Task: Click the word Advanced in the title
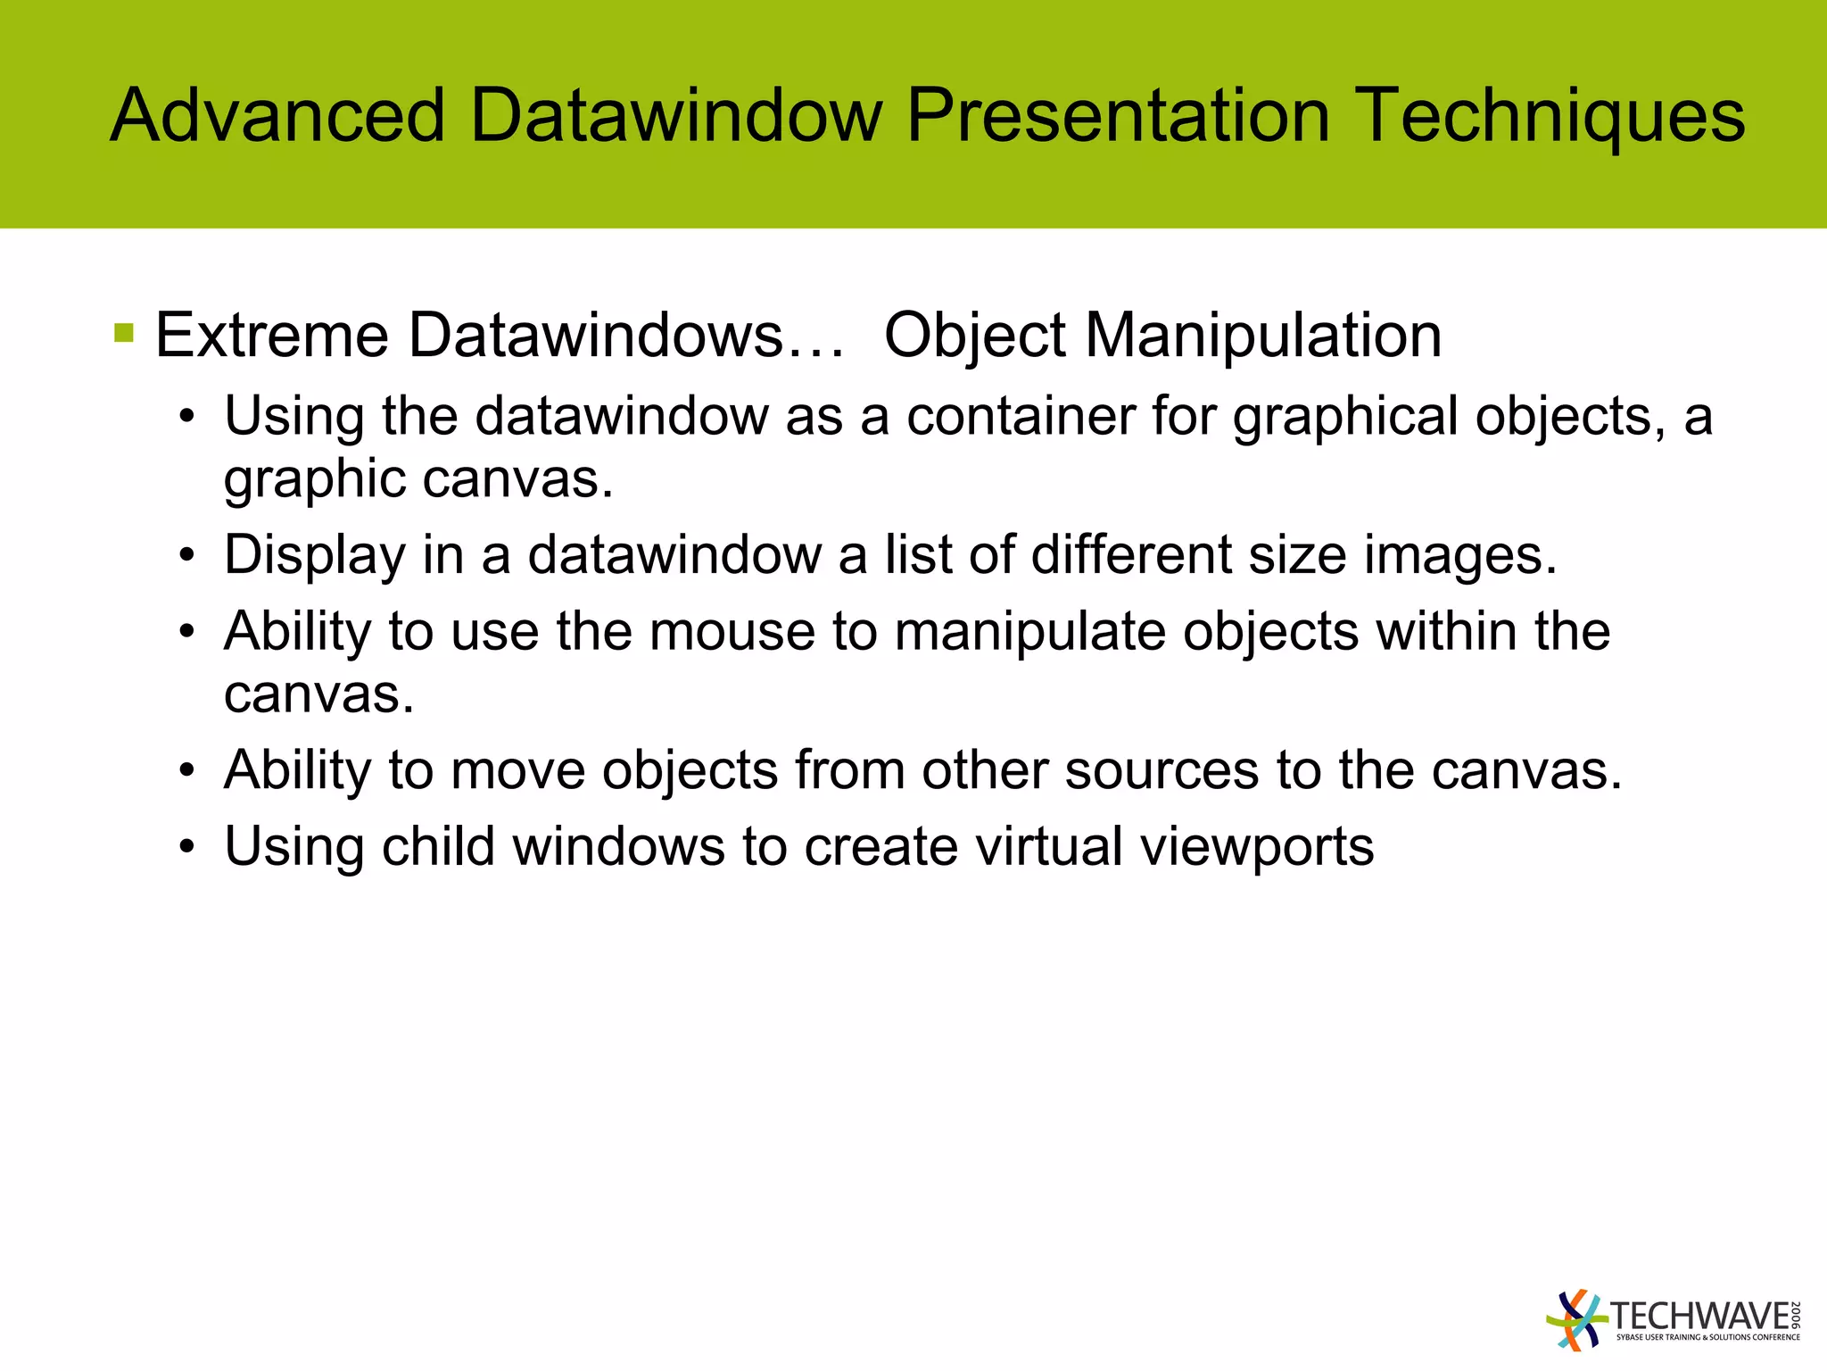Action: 277,116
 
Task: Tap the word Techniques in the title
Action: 1553,116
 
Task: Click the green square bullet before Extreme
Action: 124,334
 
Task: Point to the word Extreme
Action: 272,336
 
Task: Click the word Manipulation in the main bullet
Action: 1263,336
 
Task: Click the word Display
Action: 314,555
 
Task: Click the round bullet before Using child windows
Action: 186,847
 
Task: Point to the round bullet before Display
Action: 186,556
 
